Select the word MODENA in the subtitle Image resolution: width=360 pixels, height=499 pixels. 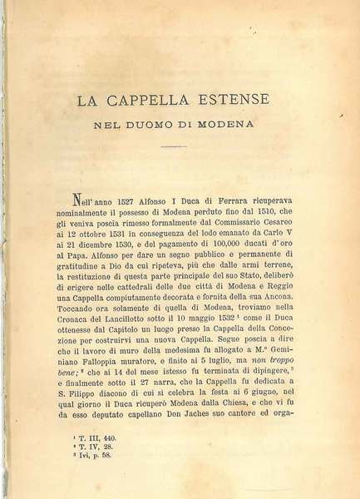point(246,128)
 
